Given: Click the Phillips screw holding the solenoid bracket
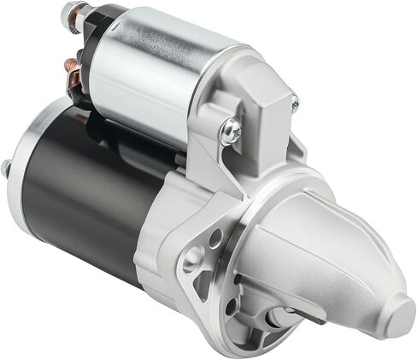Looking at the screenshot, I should click(x=231, y=130).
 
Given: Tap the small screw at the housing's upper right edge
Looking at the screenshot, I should click(x=295, y=103).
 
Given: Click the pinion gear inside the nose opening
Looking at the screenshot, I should click(x=282, y=316).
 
